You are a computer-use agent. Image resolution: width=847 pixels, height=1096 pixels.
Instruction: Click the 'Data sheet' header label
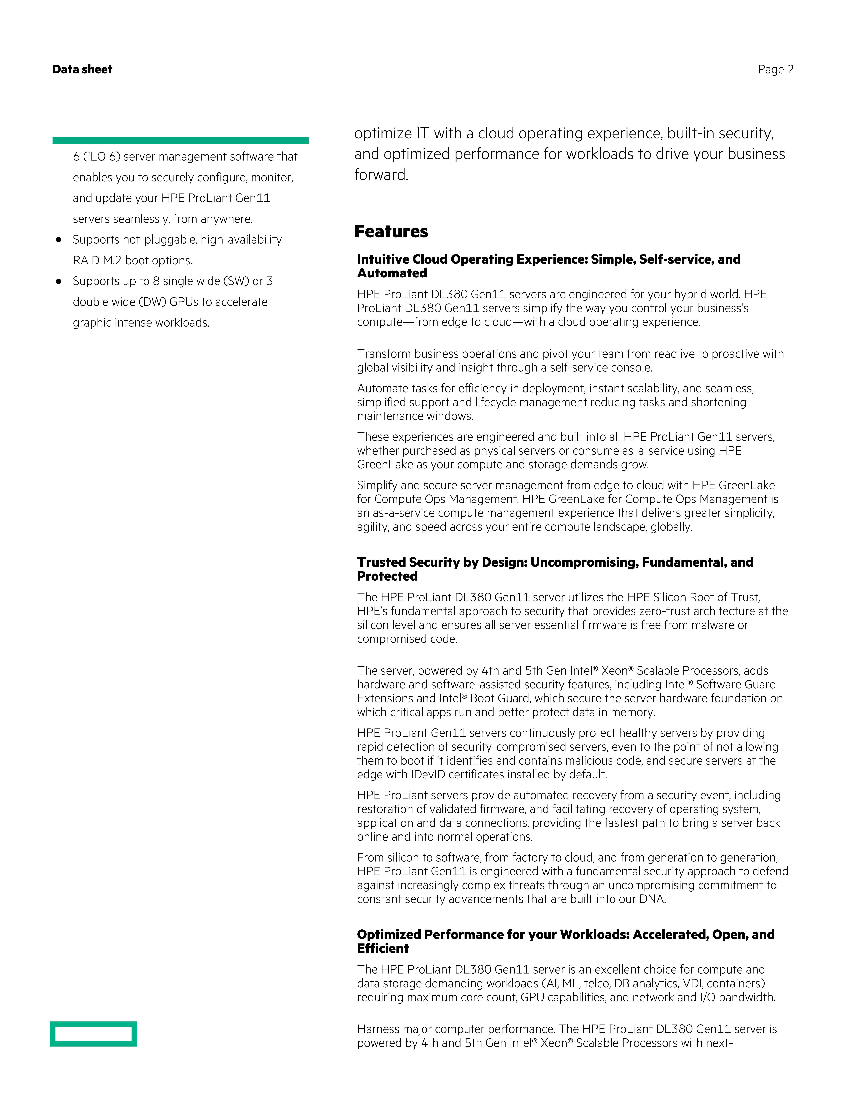click(x=82, y=69)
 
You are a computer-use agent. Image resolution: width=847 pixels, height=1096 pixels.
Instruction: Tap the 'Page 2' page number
click(x=775, y=69)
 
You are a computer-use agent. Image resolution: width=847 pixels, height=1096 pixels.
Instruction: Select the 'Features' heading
click(x=391, y=231)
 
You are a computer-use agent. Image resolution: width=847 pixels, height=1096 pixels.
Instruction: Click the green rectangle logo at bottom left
click(x=93, y=1034)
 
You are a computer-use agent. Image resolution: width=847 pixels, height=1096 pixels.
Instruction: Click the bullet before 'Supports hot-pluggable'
click(x=59, y=240)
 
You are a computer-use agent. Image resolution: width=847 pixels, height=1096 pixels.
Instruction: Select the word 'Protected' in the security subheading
click(x=387, y=576)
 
